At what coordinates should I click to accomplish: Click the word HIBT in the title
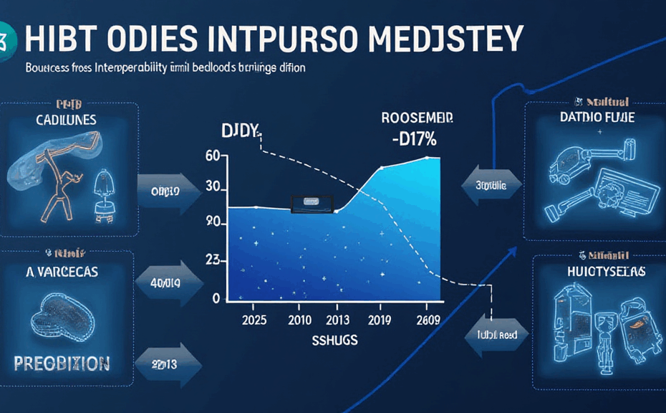click(53, 38)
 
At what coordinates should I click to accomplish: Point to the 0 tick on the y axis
click(216, 298)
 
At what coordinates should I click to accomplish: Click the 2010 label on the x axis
click(301, 320)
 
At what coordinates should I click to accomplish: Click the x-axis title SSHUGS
click(336, 341)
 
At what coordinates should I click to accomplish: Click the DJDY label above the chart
click(238, 131)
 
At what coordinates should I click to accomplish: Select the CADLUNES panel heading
click(66, 120)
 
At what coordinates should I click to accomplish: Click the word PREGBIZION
click(64, 361)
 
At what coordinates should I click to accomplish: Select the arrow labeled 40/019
click(167, 283)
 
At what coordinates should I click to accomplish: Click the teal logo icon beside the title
click(6, 38)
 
